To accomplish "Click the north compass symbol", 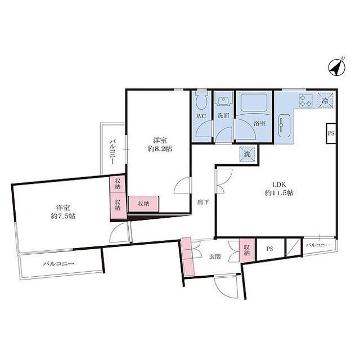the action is [337, 67].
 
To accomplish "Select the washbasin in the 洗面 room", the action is [223, 101].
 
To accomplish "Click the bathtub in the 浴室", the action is [254, 102].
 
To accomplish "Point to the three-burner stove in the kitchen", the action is [305, 101].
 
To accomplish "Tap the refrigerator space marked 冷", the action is [325, 100].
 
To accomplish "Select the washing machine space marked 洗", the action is [247, 154].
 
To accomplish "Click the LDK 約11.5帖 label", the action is [279, 188].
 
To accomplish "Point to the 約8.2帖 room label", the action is [160, 148].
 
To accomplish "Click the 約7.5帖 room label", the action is [63, 216].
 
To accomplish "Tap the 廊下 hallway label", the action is [204, 202].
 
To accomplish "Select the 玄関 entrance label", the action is [215, 256].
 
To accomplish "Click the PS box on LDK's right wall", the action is [331, 133].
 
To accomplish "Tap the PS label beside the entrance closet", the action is [270, 249].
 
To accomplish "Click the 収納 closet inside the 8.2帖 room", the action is [143, 204].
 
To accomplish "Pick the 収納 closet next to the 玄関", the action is [247, 250].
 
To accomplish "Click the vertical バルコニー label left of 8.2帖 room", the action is [112, 151].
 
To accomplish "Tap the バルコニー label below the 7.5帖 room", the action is [59, 263].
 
